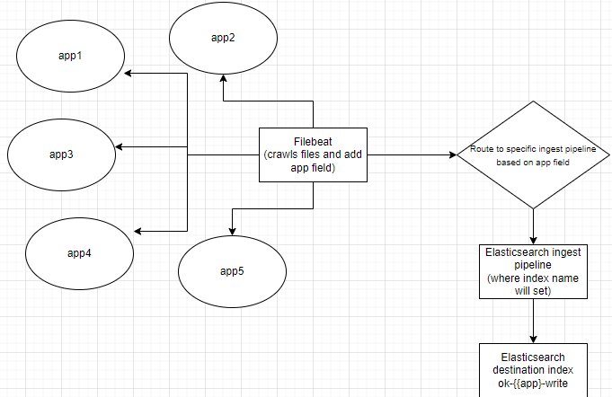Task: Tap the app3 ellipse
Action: click(62, 154)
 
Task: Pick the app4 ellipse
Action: click(79, 252)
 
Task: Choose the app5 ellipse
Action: click(233, 270)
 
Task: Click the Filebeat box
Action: click(314, 154)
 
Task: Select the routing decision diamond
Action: click(534, 154)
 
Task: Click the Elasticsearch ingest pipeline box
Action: click(534, 271)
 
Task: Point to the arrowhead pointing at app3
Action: click(120, 146)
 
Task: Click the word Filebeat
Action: click(314, 141)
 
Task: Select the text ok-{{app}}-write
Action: click(534, 385)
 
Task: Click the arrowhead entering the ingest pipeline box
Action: click(534, 239)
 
